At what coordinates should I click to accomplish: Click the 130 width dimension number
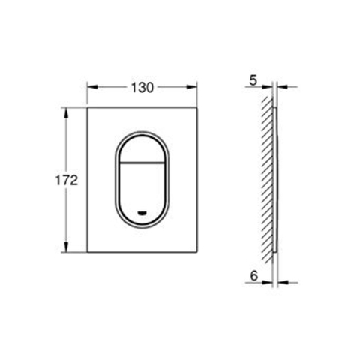tap(142, 88)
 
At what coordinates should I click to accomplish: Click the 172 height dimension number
tap(67, 180)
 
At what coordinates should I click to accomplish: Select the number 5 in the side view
tap(253, 81)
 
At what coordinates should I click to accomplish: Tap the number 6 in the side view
tap(253, 276)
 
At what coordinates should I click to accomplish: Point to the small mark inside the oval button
tap(142, 213)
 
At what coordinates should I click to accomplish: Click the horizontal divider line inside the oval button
tap(142, 163)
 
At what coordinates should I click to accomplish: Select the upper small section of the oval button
tap(142, 149)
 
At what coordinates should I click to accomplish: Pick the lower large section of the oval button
tap(142, 193)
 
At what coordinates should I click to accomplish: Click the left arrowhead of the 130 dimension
tap(93, 87)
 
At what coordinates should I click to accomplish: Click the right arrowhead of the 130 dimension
tap(192, 87)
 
